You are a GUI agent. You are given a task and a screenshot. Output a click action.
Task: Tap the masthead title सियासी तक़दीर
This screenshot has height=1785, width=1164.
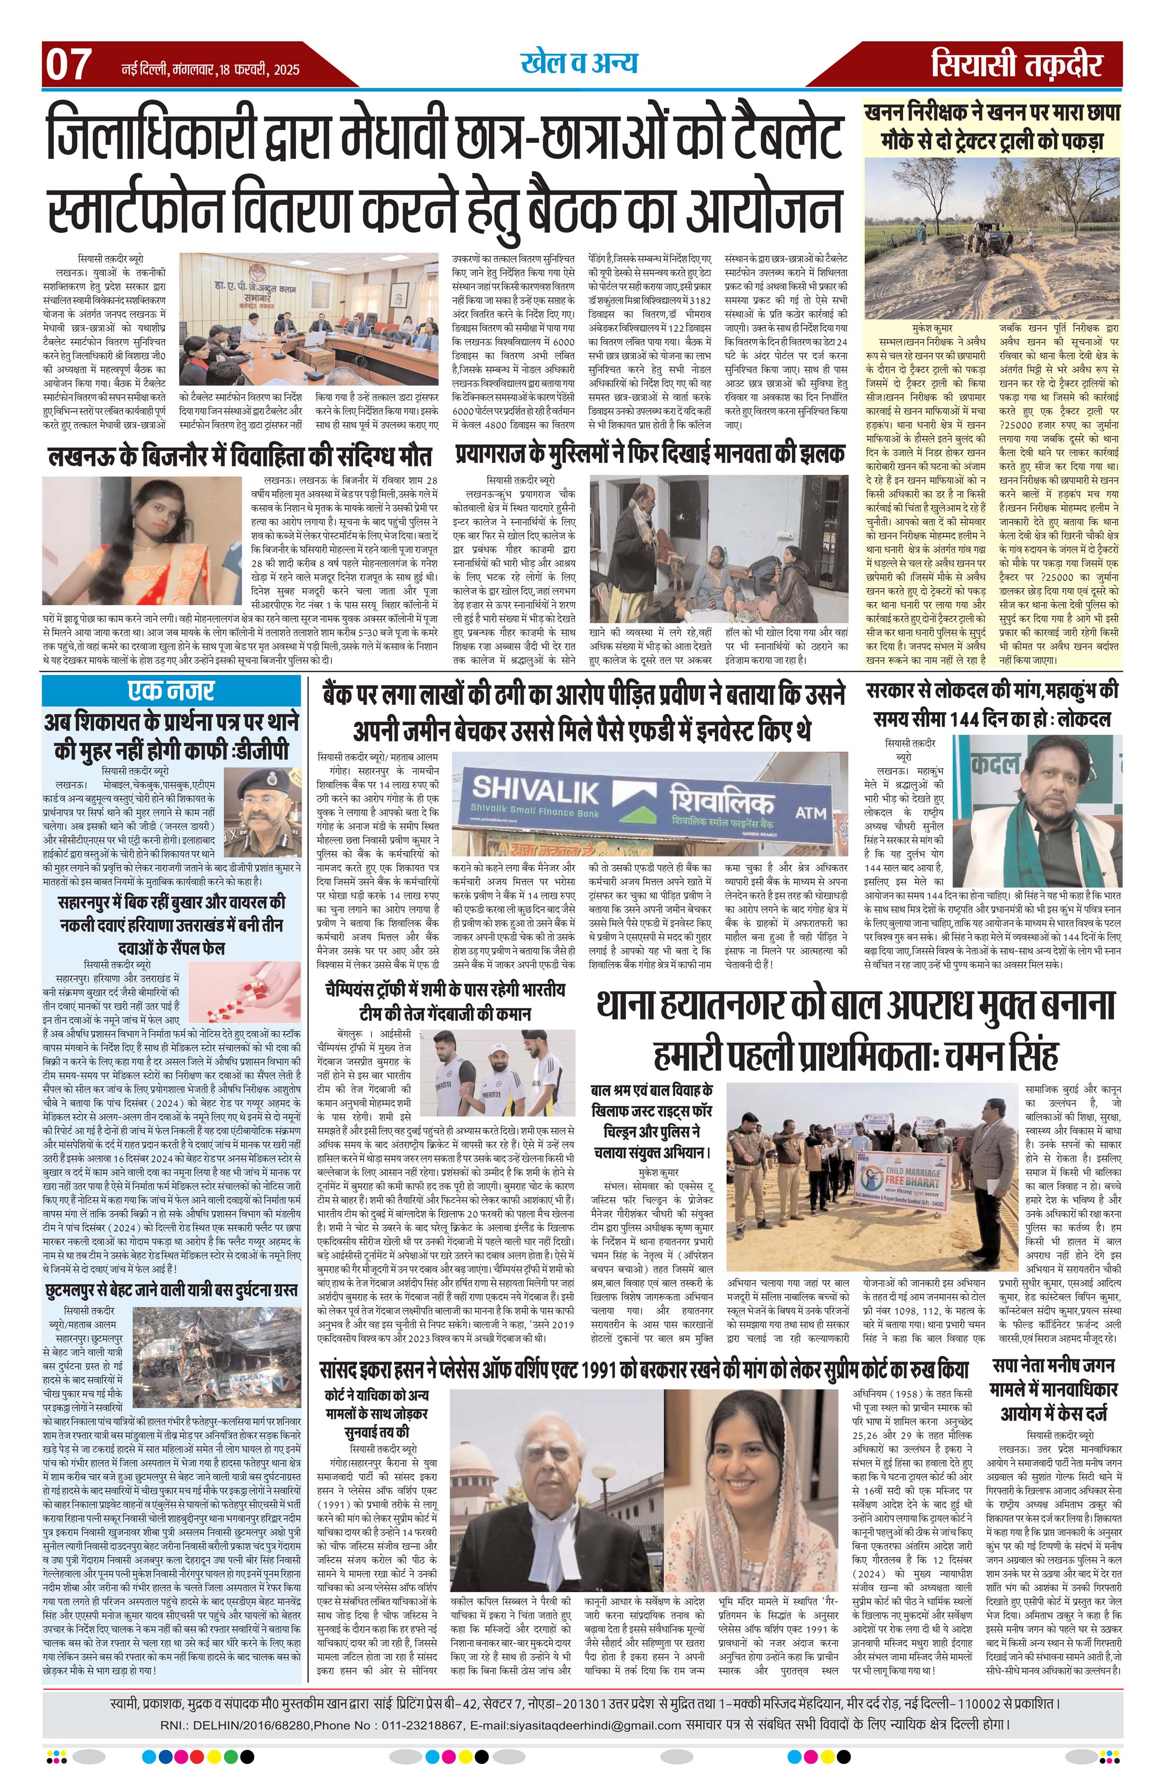point(1017,66)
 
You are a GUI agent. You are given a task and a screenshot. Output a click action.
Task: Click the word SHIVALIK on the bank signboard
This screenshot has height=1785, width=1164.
point(536,788)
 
